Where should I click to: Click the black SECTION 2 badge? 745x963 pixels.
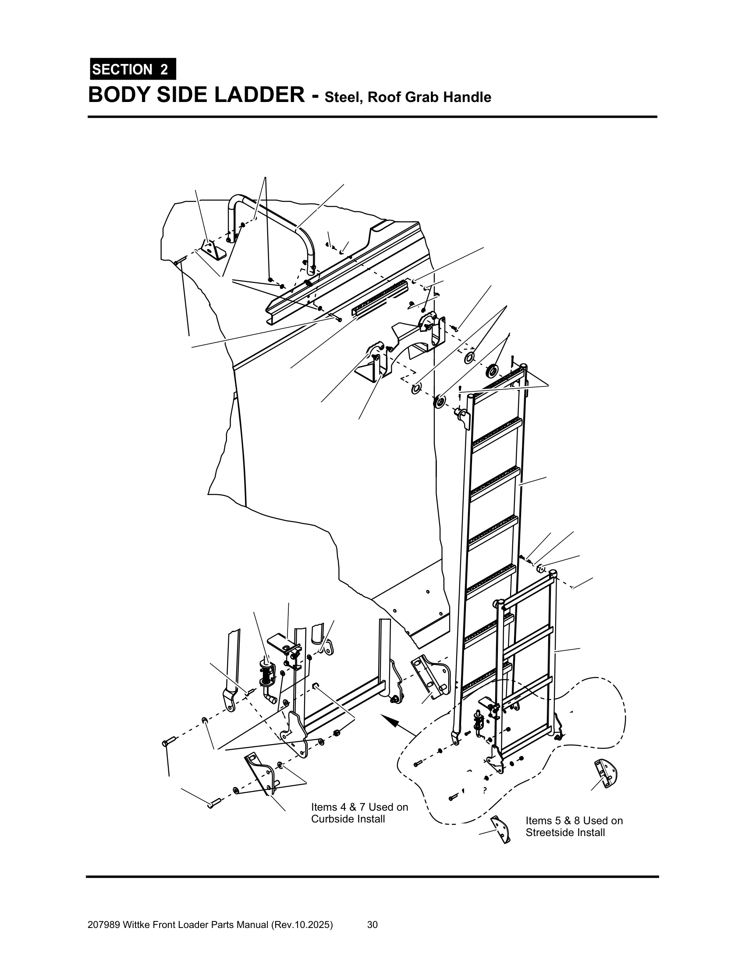click(132, 69)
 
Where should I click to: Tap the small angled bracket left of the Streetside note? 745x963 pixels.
click(501, 830)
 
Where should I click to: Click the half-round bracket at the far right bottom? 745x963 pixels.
click(607, 774)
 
